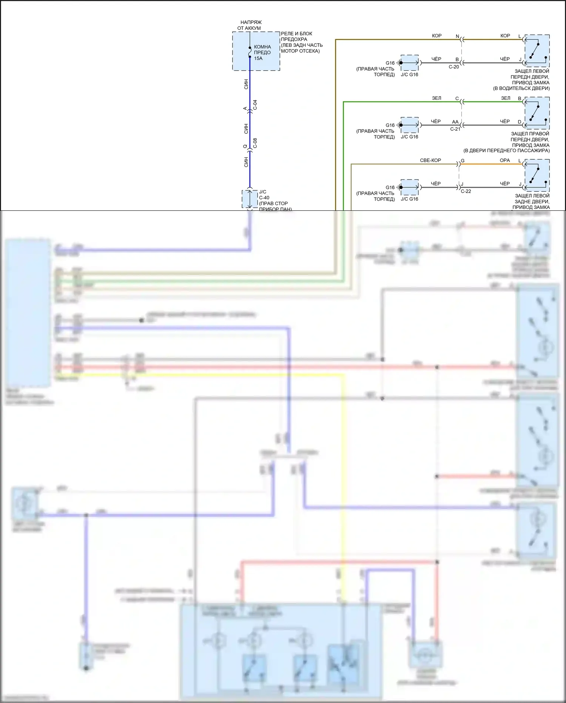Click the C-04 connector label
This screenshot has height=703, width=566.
click(x=255, y=105)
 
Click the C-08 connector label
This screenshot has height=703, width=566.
click(x=255, y=143)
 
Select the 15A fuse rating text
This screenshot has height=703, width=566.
click(x=258, y=59)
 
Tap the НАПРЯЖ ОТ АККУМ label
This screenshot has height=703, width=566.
click(x=250, y=25)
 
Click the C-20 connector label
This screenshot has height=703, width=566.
click(x=454, y=67)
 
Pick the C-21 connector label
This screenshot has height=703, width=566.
click(x=455, y=129)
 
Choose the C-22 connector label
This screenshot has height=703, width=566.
click(x=466, y=191)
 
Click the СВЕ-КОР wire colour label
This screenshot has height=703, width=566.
click(x=430, y=160)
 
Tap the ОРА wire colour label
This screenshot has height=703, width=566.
click(x=505, y=160)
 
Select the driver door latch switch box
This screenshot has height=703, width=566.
click(x=537, y=51)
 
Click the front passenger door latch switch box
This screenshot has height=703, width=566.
click(x=537, y=113)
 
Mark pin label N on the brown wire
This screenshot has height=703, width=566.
click(x=457, y=36)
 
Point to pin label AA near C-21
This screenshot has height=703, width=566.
click(x=455, y=122)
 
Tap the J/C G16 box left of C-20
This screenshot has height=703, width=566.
click(x=410, y=63)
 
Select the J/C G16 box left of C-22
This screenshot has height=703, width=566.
click(x=410, y=187)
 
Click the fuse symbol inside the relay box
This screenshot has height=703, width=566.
click(x=250, y=53)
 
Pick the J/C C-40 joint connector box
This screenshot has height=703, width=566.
click(x=250, y=199)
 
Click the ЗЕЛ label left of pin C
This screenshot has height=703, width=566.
click(x=436, y=98)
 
